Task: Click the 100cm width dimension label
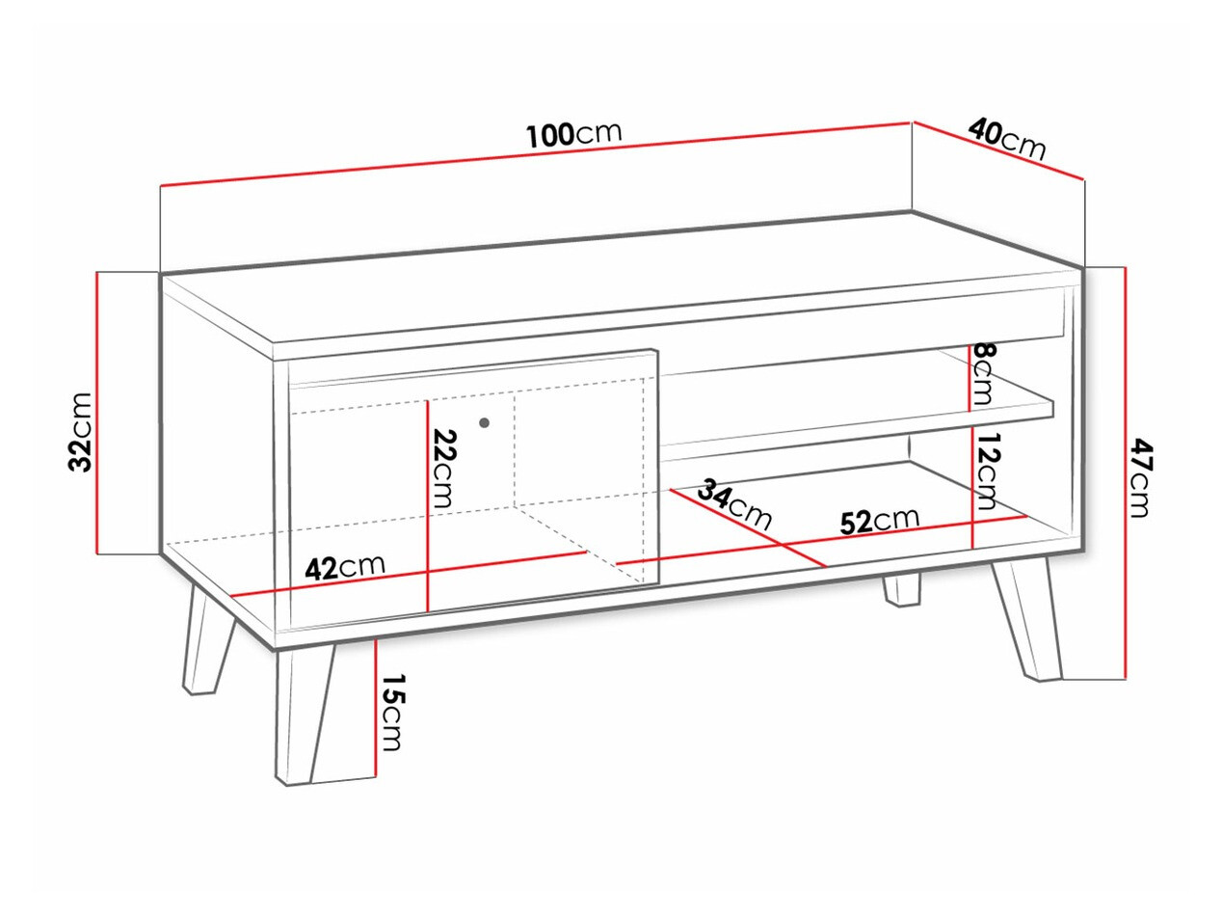tap(574, 134)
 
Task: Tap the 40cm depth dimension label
tap(1007, 137)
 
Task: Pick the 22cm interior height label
tap(442, 468)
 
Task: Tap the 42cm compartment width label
tap(344, 567)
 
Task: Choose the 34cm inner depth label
tap(734, 503)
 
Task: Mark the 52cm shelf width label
tap(879, 520)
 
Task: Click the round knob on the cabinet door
tap(484, 422)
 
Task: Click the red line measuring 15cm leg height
tap(374, 709)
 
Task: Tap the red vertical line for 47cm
tap(1125, 472)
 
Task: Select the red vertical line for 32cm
tap(97, 415)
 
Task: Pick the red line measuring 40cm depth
tap(998, 151)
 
